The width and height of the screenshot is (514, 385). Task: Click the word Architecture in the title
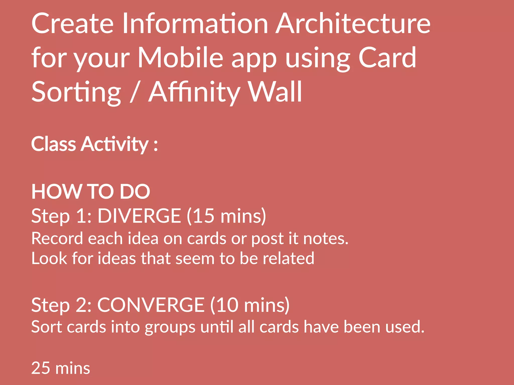(x=353, y=24)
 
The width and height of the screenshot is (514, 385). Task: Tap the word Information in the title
(x=195, y=24)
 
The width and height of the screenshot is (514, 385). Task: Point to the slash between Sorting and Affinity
(x=135, y=92)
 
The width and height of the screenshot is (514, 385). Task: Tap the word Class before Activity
(x=53, y=144)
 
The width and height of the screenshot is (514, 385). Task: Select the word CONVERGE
(x=151, y=305)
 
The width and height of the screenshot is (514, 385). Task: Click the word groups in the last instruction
(x=170, y=327)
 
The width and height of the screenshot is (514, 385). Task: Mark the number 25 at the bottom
(x=41, y=368)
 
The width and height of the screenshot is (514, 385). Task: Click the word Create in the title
(x=73, y=24)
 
